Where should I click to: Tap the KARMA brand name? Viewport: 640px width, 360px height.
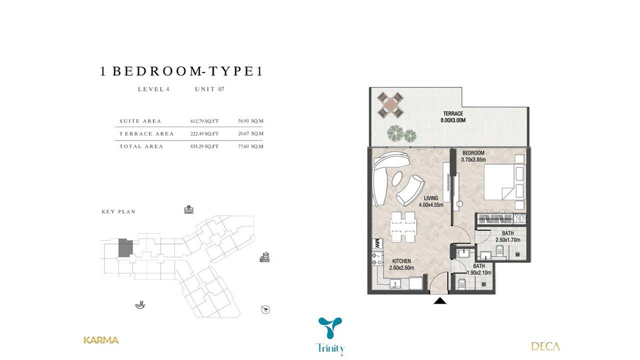(x=101, y=340)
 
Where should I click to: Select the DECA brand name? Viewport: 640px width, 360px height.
(x=545, y=346)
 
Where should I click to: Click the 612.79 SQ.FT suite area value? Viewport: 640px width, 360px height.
(x=204, y=121)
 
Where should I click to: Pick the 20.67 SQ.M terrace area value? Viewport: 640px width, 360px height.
(x=251, y=134)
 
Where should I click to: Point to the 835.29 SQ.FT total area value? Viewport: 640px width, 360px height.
(x=204, y=146)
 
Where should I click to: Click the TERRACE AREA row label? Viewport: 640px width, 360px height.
(x=147, y=134)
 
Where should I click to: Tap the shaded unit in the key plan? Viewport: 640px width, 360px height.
(x=125, y=248)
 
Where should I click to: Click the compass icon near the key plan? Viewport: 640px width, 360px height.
(x=265, y=310)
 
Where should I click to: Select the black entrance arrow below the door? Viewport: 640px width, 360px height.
(x=440, y=301)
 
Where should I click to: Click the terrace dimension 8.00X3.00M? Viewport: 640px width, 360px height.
(x=453, y=120)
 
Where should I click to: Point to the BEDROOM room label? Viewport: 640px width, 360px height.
(x=473, y=153)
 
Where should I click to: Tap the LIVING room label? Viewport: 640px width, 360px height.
(x=431, y=198)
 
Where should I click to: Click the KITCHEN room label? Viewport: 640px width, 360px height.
(x=401, y=261)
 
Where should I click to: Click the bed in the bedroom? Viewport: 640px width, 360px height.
(x=505, y=182)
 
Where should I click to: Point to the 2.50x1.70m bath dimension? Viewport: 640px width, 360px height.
(x=508, y=240)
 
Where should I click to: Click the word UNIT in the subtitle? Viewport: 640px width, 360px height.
(x=205, y=89)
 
